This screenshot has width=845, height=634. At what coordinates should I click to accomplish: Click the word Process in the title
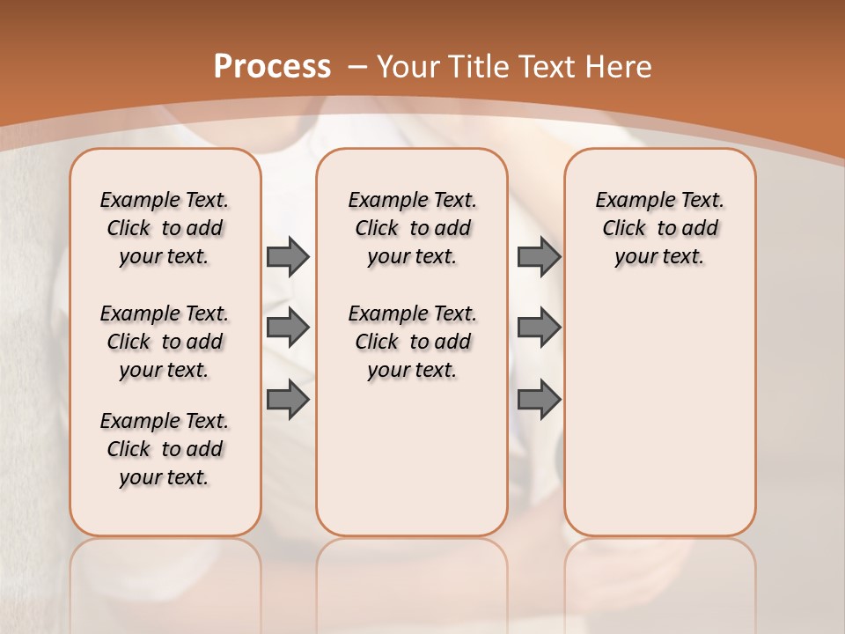tap(272, 67)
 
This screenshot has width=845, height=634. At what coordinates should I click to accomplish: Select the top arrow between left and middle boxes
tap(288, 256)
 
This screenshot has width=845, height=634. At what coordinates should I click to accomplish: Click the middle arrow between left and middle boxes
tap(288, 328)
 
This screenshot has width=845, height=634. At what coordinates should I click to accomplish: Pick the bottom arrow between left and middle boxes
tap(288, 400)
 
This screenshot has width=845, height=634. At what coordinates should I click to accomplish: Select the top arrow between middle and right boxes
tap(539, 256)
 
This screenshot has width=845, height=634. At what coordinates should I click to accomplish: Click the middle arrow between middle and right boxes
tap(539, 328)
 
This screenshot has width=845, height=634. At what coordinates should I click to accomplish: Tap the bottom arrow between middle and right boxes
tap(539, 400)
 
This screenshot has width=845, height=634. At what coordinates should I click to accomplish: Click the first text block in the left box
tap(165, 228)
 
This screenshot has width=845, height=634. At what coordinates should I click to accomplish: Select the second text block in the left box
tap(165, 342)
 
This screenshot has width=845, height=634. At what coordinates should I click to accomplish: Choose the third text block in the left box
tap(165, 449)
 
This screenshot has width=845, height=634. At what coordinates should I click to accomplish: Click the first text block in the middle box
tap(412, 228)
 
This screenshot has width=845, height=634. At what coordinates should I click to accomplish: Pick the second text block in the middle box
tap(412, 342)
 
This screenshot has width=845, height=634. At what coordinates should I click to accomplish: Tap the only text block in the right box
tap(659, 228)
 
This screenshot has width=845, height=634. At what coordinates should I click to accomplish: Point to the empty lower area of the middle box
tap(412, 458)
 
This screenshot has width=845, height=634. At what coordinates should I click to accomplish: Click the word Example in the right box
tap(628, 201)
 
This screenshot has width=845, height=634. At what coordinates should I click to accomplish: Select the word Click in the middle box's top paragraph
tap(377, 229)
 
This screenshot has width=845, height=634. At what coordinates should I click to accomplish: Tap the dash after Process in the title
tap(357, 67)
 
